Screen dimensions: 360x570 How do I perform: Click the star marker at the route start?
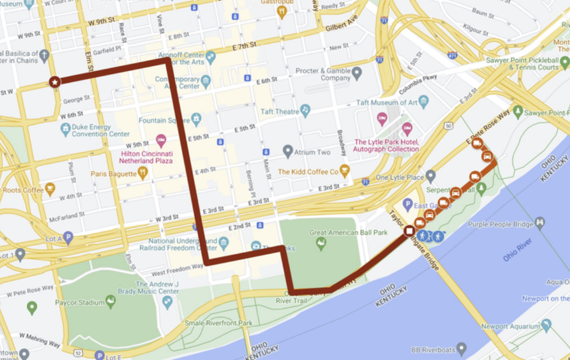(55, 82)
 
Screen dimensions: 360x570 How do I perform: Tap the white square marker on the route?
(409, 231)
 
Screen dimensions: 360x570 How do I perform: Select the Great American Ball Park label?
(348, 232)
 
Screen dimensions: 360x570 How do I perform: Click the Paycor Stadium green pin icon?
(111, 300)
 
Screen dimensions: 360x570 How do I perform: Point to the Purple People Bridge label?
(500, 224)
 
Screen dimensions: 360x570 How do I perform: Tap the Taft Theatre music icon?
(305, 111)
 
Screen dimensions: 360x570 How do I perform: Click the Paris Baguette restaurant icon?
(143, 173)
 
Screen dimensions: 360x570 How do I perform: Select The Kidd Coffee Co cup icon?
(344, 170)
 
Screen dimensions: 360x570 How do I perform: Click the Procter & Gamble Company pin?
(357, 72)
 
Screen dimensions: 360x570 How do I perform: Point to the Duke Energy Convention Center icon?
(66, 129)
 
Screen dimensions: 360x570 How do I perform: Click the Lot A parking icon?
(68, 237)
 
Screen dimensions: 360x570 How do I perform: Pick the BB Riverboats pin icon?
(462, 347)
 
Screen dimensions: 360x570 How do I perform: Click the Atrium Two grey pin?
(288, 151)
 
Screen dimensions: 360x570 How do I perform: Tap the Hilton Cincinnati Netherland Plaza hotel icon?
(160, 140)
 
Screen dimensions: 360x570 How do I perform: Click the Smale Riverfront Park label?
(218, 323)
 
